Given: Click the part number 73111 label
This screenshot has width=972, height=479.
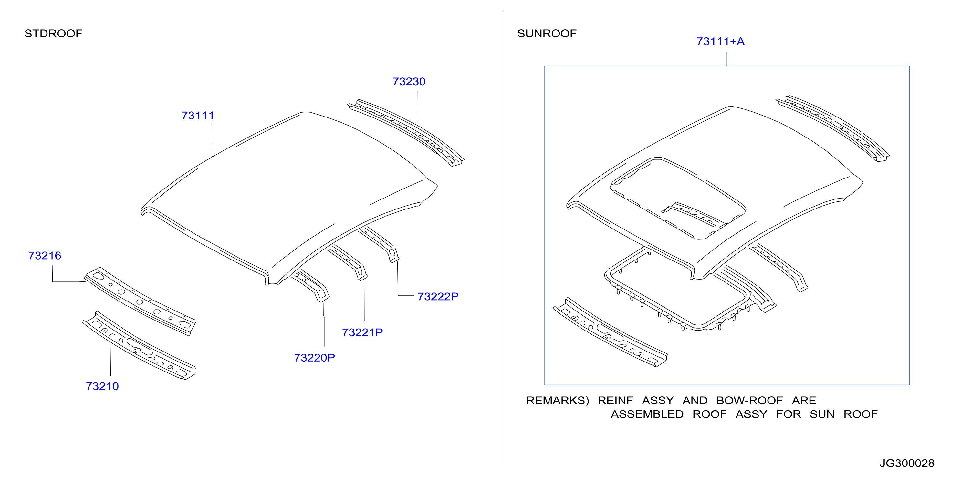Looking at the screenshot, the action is pos(198,116).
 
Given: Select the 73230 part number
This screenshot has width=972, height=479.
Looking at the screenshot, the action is pos(409,81).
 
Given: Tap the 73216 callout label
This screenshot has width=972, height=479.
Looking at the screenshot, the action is pos(45,256).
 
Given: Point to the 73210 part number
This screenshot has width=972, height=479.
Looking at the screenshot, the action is pos(102,386).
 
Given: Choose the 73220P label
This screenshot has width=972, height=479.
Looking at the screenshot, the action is pos(314,358).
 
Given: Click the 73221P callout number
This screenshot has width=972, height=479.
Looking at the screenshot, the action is pos(362,332).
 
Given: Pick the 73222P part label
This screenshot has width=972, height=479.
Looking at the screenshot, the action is pos(438,296).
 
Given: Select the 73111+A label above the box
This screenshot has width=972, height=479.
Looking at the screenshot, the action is pos(720,42).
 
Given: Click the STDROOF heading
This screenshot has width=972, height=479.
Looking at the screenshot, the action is pos(53,34).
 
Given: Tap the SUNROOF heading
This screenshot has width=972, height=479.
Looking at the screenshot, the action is pos(547,34).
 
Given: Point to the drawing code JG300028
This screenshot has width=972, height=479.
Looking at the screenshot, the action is pos(907,463).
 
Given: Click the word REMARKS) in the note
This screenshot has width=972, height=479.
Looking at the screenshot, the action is pos(557,401).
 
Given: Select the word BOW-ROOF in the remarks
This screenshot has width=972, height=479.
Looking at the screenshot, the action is pos(749,400).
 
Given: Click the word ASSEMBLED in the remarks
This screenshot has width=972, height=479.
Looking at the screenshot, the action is pos(647,414).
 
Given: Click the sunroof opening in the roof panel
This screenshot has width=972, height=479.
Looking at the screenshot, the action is pos(678,198).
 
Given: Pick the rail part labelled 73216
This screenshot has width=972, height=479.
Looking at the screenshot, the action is pos(140,301).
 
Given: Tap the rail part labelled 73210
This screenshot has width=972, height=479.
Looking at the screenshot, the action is pos(139,345).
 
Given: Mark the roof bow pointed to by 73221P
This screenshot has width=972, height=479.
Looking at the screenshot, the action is pos(348,261).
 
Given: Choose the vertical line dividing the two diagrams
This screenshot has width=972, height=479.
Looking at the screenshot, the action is pos(503,238).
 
